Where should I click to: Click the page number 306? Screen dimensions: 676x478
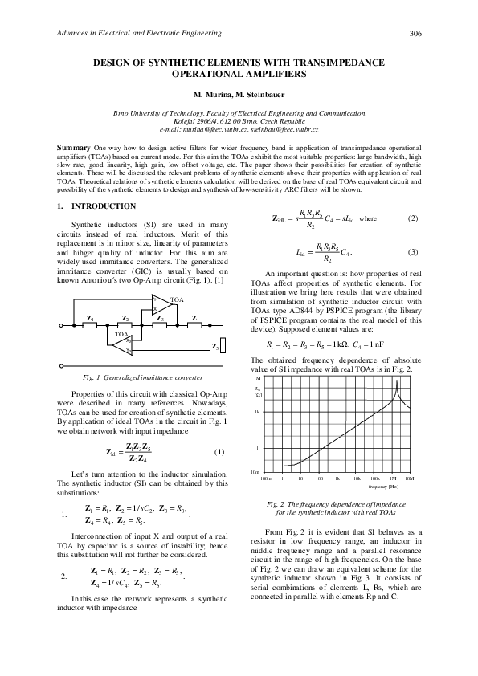tap(415, 33)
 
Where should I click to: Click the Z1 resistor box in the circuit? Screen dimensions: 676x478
tap(91, 319)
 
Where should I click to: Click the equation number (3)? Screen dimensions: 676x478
tap(412, 253)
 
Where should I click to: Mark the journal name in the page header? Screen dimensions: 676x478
tap(136, 33)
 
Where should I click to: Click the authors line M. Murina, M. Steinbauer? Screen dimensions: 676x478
tap(239, 94)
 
